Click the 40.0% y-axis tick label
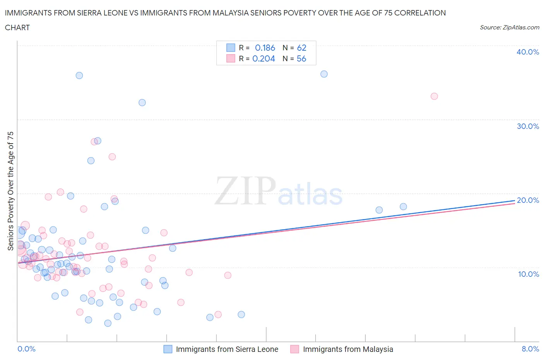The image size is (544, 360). click(x=527, y=52)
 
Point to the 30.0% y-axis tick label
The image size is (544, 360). click(x=527, y=126)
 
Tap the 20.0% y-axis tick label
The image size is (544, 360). click(x=527, y=200)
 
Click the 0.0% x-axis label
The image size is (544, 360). click(x=26, y=349)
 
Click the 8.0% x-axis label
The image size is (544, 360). click(x=530, y=349)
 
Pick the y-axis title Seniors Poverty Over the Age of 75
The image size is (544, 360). click(x=10, y=191)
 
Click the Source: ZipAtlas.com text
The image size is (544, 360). click(x=509, y=27)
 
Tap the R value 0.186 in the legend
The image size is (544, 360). click(x=265, y=48)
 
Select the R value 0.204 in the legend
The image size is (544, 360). click(x=263, y=58)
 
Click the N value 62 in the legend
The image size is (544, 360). click(x=301, y=48)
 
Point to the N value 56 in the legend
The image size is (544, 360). click(x=301, y=58)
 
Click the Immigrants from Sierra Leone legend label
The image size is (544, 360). click(x=227, y=349)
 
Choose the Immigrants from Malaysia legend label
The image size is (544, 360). click(x=348, y=349)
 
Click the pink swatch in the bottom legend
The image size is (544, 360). click(x=295, y=349)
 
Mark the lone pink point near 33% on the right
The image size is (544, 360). click(x=434, y=96)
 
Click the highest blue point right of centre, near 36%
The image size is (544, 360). click(x=324, y=74)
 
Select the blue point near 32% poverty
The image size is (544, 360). click(x=142, y=103)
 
